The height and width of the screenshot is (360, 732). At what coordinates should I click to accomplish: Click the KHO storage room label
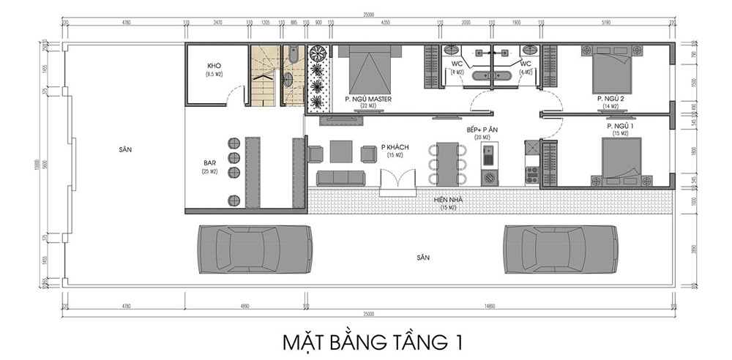pos(214,66)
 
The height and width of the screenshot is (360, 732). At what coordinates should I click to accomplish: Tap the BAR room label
pos(210,162)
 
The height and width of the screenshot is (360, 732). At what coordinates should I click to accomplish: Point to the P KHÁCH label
pos(395,147)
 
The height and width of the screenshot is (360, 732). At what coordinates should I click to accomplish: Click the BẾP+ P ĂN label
pos(482,130)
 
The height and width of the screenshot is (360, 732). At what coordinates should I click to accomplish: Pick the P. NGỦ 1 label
pos(619,126)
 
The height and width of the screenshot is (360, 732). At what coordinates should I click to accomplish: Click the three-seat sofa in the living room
pos(340,178)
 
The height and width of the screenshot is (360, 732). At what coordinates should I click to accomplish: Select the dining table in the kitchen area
pos(447,162)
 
